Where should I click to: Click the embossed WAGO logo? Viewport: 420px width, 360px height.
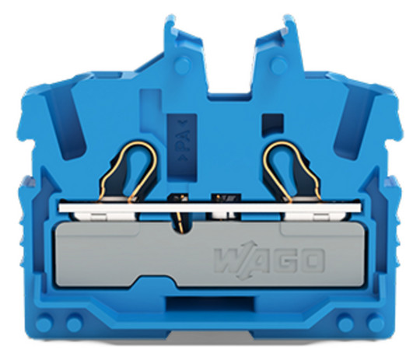[x=269, y=260]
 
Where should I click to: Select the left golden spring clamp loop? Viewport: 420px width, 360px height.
[x=128, y=171]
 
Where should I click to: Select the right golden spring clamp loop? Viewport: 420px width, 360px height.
[x=292, y=171]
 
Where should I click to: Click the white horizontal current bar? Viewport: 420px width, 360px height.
[x=210, y=208]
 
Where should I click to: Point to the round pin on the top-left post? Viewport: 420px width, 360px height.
[x=183, y=65]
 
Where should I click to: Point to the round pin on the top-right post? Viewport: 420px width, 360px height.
[x=278, y=65]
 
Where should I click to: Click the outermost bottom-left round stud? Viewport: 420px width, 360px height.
[x=44, y=323]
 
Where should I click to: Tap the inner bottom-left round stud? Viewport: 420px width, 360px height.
[x=75, y=323]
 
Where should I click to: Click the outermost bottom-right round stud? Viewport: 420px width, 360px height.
[x=376, y=323]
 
